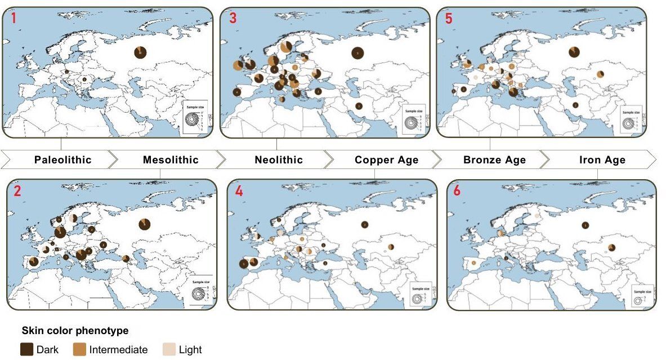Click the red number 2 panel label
(x=17, y=190)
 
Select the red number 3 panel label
(x=233, y=18)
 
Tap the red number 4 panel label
(x=239, y=190)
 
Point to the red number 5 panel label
(x=448, y=18)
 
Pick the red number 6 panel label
(x=457, y=190)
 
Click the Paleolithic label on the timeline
(x=62, y=160)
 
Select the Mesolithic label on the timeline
(x=171, y=160)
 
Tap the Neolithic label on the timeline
(x=279, y=160)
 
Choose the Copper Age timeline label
(x=386, y=160)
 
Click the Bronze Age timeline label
(x=494, y=160)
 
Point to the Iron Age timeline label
(x=602, y=160)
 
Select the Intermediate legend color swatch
(x=79, y=349)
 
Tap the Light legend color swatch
(x=168, y=349)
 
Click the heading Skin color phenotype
(x=75, y=331)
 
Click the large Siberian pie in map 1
(x=140, y=52)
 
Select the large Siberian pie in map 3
(x=357, y=53)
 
